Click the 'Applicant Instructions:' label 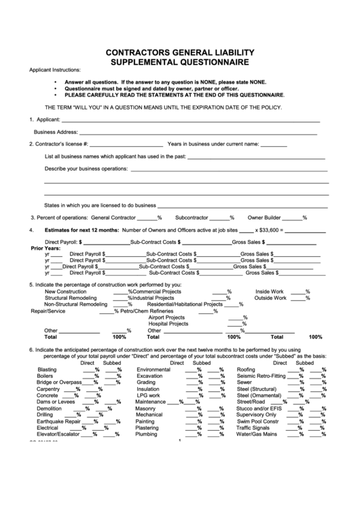tap(54, 70)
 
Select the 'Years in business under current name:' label tap(213, 144)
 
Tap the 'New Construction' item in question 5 tap(65, 291)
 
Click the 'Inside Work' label tap(269, 291)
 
